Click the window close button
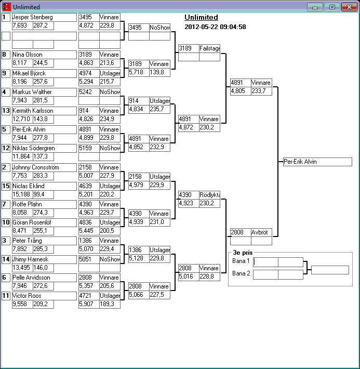point(347,7)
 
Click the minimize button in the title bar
point(315,7)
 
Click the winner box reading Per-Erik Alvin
point(317,162)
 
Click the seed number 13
point(6,111)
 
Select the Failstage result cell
point(209,48)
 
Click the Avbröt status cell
point(261,232)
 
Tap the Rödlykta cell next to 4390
point(209,195)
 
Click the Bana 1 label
point(241,261)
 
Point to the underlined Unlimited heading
point(201,17)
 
